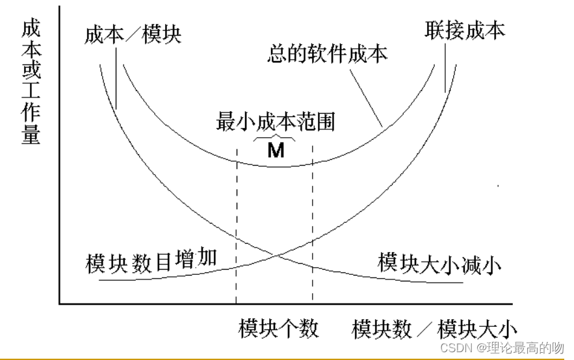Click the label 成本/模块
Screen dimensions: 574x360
(133, 34)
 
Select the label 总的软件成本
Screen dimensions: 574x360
(327, 54)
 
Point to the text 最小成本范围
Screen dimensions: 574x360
(275, 122)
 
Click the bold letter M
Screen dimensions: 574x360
(276, 151)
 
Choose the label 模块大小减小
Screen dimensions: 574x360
(441, 264)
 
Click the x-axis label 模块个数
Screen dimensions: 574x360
(278, 328)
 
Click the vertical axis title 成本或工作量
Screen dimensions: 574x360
(30, 81)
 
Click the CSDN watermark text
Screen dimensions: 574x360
(501, 348)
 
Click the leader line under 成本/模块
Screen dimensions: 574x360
(116, 75)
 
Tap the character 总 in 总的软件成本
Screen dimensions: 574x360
(278, 54)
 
